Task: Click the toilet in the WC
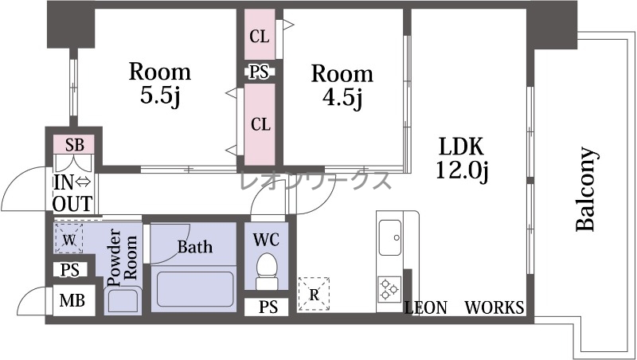point(267,271)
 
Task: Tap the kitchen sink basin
point(390,237)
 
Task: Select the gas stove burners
point(389,289)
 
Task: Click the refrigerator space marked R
point(313,294)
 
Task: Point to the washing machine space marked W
point(68,239)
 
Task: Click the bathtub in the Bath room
point(194,288)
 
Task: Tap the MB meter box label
point(72,300)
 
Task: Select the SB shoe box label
point(75,144)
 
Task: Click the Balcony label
point(587,190)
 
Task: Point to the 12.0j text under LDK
point(462,170)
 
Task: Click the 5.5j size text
point(160,96)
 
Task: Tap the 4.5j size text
point(342,97)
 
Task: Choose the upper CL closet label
point(260,37)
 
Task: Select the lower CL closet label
point(260,124)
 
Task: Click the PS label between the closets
point(259,72)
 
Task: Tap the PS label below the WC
point(268,307)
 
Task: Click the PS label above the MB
point(70,270)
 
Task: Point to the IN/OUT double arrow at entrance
point(84,182)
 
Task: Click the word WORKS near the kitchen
point(494,307)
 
